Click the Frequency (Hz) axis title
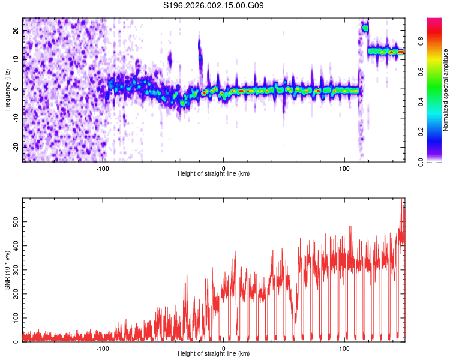7,89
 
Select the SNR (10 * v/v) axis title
7,269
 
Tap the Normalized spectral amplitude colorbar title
446,90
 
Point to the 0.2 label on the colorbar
422,132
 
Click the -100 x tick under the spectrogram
103,168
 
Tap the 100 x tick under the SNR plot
344,348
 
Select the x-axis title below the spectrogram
214,174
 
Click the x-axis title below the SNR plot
214,354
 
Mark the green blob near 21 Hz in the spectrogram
365,28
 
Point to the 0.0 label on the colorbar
422,161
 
